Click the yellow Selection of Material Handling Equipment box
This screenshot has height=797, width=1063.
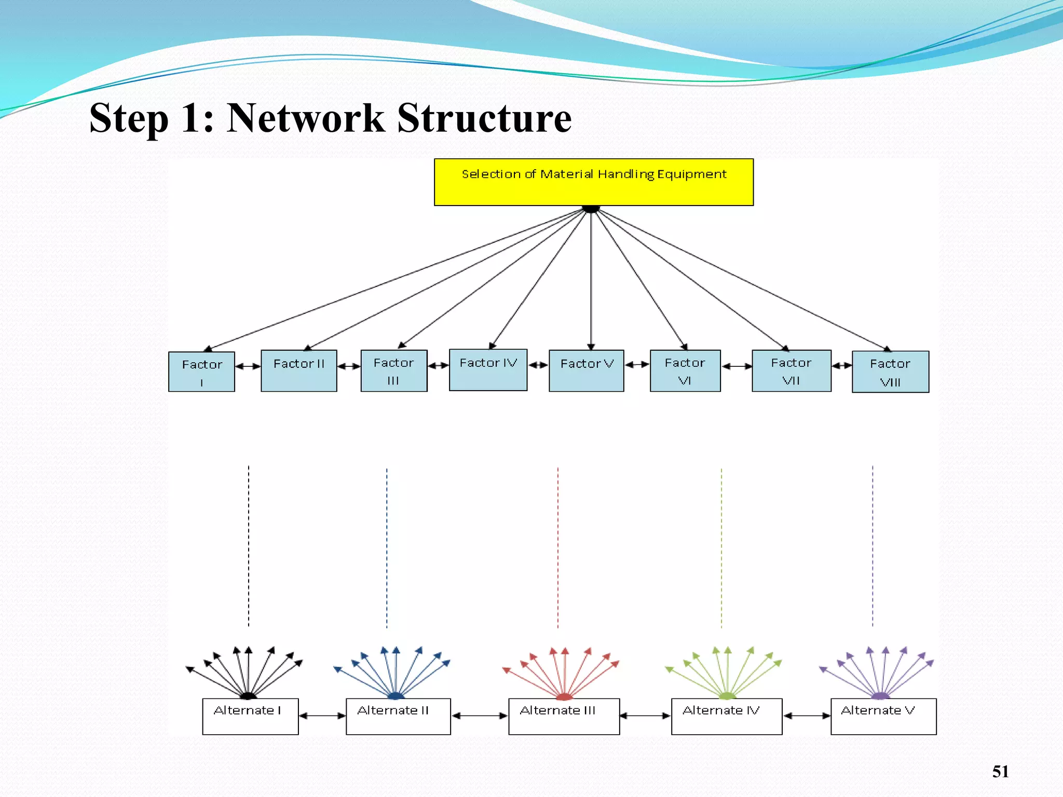[x=593, y=182]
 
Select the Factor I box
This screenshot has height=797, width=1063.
[x=201, y=372]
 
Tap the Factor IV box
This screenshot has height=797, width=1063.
[x=488, y=370]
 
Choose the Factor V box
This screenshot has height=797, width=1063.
[x=587, y=370]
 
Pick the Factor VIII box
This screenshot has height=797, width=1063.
[x=890, y=372]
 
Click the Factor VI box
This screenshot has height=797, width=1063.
[x=685, y=370]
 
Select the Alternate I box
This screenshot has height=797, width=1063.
[x=250, y=716]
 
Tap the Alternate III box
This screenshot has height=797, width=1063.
[x=564, y=716]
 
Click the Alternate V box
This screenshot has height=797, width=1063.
[x=883, y=716]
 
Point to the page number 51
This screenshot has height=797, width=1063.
[x=1000, y=772]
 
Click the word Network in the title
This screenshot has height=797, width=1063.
[x=306, y=118]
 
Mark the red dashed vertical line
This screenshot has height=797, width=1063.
[x=558, y=547]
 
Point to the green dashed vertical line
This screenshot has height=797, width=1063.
[x=721, y=547]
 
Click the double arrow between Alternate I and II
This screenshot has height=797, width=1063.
[x=322, y=716]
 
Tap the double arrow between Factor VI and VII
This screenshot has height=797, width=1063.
[x=737, y=366]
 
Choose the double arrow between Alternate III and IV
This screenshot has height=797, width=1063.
[x=645, y=716]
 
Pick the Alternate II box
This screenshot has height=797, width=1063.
[x=398, y=716]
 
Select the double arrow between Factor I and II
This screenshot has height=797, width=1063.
[x=248, y=366]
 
